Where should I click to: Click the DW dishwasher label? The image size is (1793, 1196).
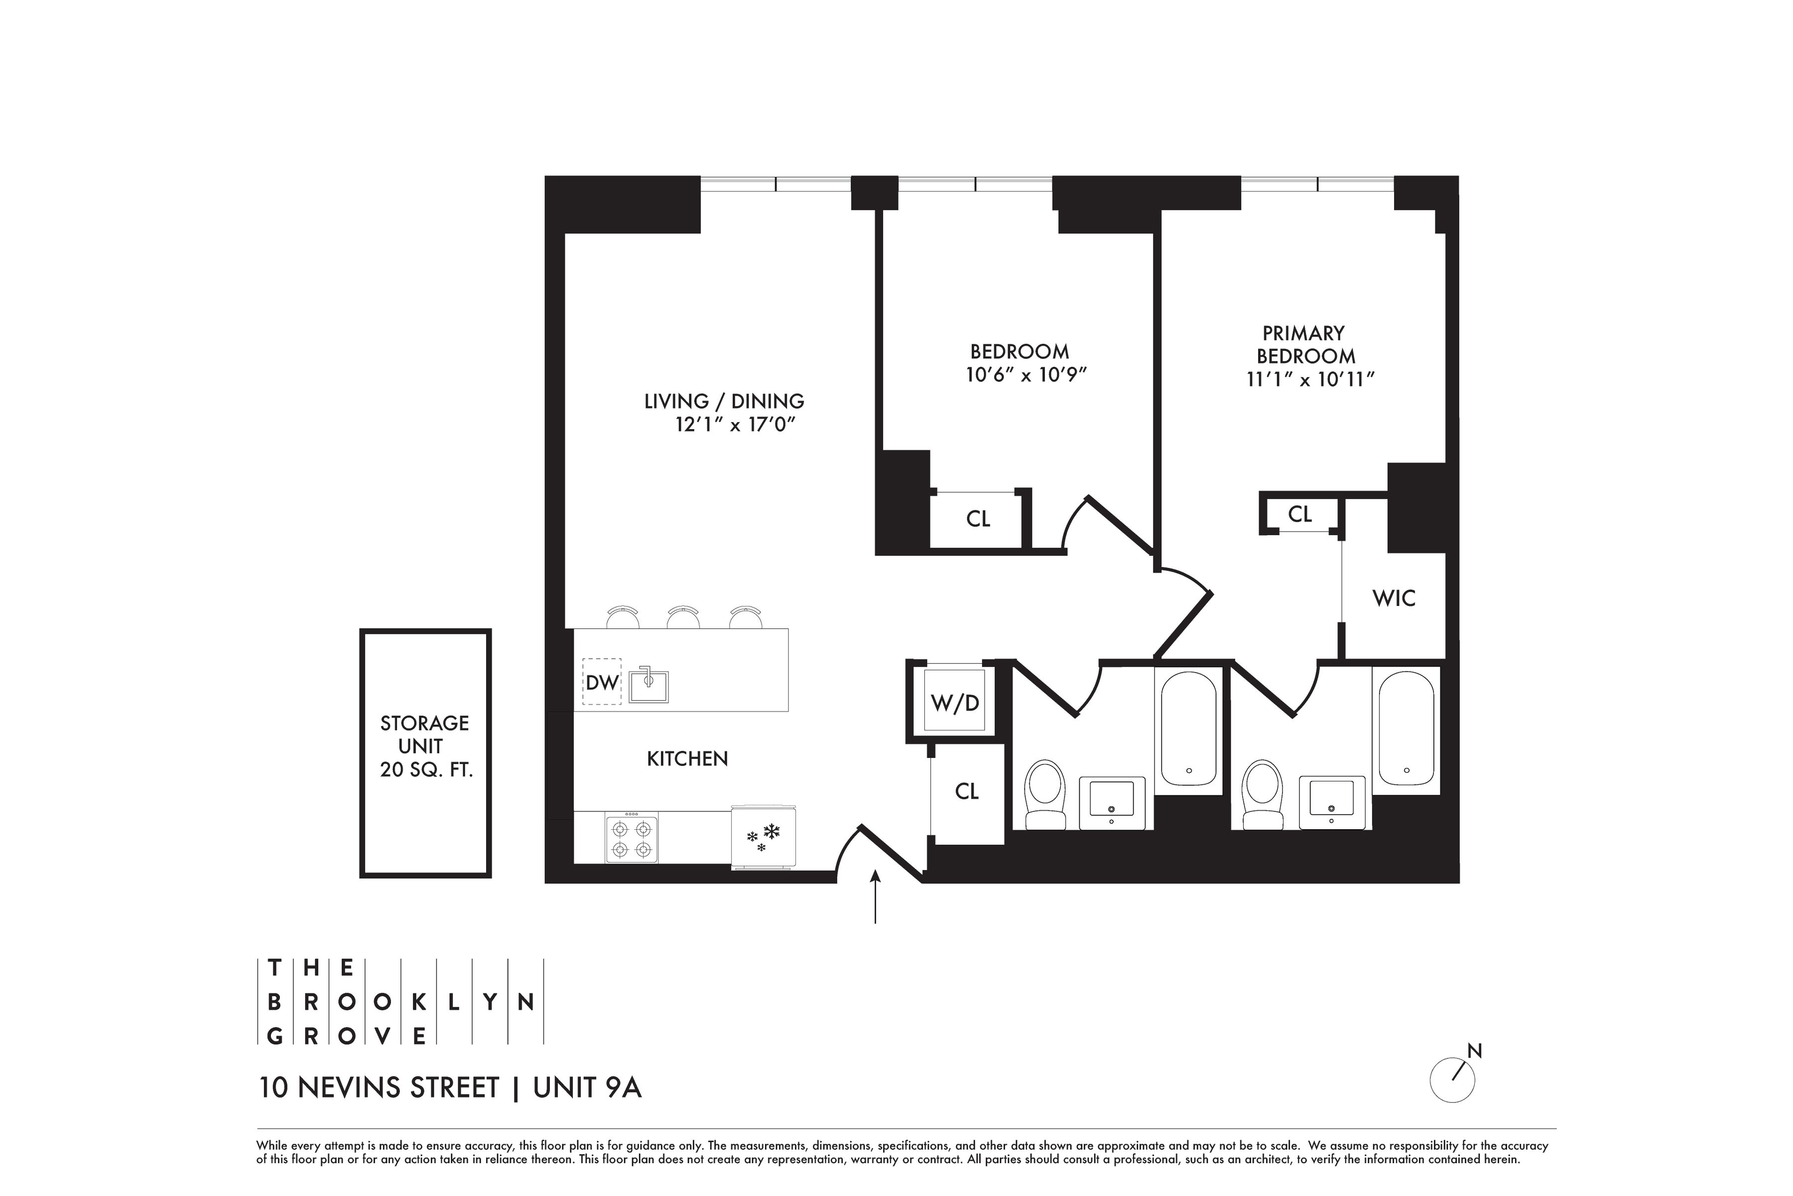click(x=602, y=682)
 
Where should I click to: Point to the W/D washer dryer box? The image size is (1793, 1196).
click(x=955, y=701)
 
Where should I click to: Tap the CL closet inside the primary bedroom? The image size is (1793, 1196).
click(x=1300, y=514)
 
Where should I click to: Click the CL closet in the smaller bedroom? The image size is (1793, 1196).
click(x=978, y=519)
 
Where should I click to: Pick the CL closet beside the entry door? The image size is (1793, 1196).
click(x=967, y=792)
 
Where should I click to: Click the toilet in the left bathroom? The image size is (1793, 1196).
click(x=1045, y=793)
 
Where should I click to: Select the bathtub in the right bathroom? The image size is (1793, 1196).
click(x=1407, y=729)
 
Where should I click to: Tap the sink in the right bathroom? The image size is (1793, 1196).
click(x=1332, y=800)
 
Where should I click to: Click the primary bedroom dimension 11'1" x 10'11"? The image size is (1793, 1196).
click(x=1310, y=379)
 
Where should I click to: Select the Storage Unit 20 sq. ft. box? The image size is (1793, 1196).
click(x=425, y=753)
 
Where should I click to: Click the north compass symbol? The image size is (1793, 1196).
click(x=1453, y=1078)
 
